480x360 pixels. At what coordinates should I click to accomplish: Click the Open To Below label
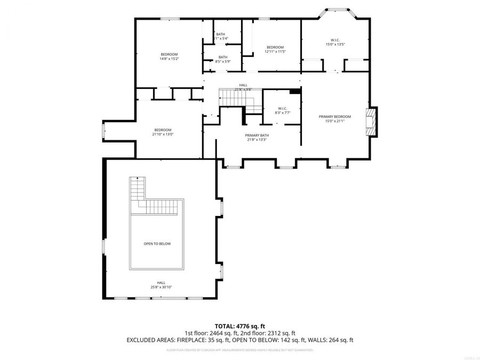[157, 244]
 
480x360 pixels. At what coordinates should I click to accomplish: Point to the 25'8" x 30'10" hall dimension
[161, 287]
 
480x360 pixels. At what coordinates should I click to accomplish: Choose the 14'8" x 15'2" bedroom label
[169, 57]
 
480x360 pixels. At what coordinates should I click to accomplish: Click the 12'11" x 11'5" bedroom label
[276, 50]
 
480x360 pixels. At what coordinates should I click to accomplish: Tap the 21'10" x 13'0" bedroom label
[163, 132]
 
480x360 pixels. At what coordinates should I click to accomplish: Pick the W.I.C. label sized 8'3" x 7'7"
[283, 110]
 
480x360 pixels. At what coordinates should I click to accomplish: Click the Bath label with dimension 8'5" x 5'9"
[223, 59]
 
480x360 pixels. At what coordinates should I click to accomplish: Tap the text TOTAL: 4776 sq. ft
[239, 326]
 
